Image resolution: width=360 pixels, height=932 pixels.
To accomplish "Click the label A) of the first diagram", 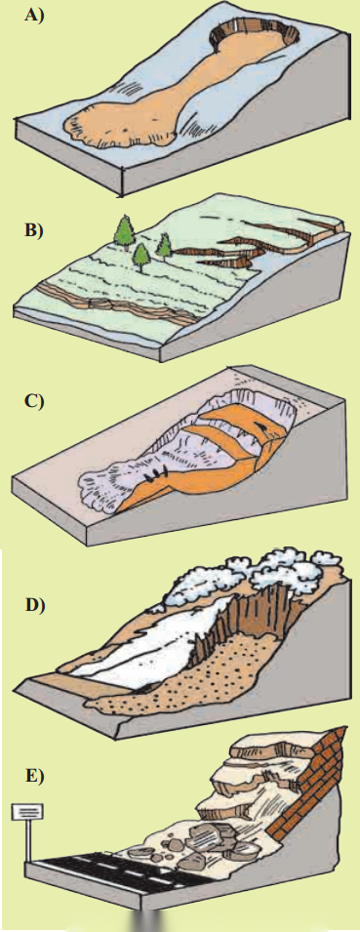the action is (34, 16).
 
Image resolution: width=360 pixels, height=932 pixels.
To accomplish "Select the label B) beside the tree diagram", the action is (34, 231).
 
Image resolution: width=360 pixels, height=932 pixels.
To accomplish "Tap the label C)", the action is (34, 401).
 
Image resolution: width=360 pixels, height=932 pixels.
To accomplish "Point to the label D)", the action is (34, 605).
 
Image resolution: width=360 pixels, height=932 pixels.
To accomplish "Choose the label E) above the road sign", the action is (34, 776).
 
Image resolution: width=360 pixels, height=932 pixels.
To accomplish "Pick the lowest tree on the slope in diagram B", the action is (141, 256).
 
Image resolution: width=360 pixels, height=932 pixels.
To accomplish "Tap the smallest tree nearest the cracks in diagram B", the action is (164, 247).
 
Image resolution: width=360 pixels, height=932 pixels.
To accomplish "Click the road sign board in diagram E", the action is (27, 811).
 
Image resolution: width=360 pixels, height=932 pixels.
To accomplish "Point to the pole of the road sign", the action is (26, 840).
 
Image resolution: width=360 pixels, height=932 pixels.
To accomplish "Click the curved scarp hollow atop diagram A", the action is (253, 29).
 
